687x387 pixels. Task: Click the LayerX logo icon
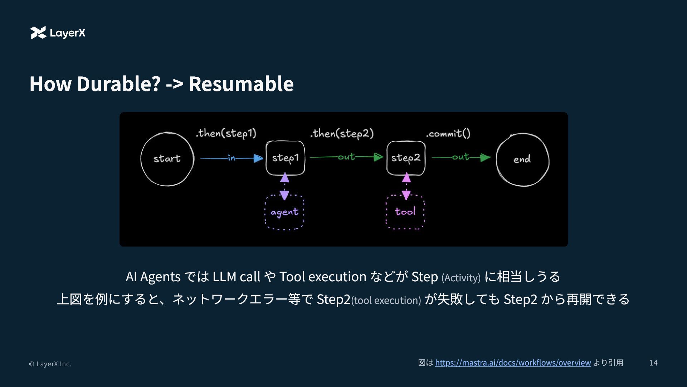[38, 33]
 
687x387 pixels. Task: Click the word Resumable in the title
[241, 83]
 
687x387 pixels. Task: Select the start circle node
[167, 159]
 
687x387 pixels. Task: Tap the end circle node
[522, 159]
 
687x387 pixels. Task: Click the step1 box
[285, 158]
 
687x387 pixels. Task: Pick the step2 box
[406, 158]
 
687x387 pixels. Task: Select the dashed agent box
[284, 212]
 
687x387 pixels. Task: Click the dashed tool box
[405, 212]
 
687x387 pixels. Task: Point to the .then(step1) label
[226, 133]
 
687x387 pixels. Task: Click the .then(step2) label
[342, 133]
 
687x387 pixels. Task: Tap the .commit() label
[448, 134]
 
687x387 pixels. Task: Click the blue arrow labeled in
[232, 158]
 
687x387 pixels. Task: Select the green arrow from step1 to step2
[346, 157]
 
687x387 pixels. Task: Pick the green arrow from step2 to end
[461, 157]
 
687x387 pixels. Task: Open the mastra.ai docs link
[513, 363]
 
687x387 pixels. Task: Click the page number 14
[653, 363]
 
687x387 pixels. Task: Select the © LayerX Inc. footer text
[50, 364]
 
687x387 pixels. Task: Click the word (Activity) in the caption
[461, 278]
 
